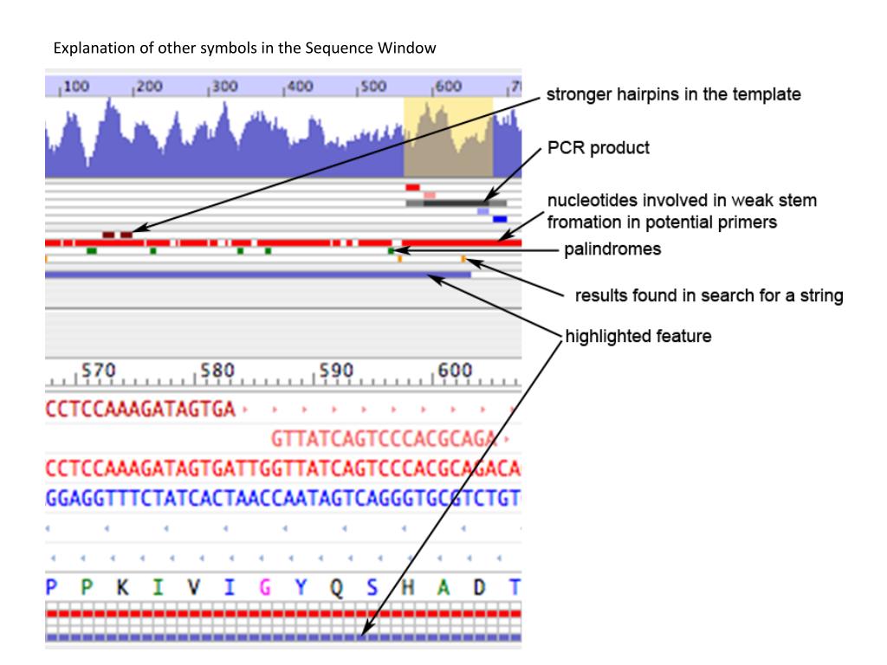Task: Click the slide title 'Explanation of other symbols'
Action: click(x=245, y=48)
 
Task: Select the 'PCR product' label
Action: click(x=598, y=148)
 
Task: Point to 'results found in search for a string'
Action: click(x=709, y=296)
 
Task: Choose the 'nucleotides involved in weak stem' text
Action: click(x=681, y=201)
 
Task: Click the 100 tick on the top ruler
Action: click(x=78, y=87)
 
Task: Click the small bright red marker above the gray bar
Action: click(x=412, y=187)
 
